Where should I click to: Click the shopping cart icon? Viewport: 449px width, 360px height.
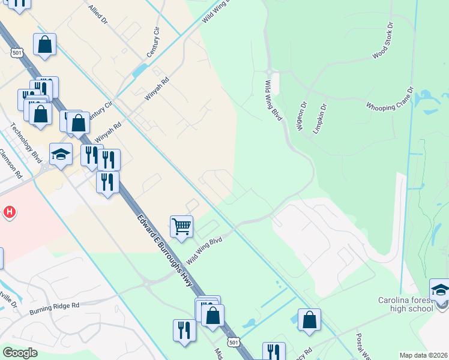click(x=181, y=227)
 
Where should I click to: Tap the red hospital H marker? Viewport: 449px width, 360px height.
click(x=9, y=212)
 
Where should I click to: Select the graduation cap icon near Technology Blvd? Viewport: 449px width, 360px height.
click(x=61, y=154)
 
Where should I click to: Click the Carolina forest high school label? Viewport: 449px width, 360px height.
click(x=405, y=304)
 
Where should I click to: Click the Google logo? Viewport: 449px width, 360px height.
click(x=20, y=352)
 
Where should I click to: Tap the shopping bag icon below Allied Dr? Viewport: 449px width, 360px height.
click(x=44, y=44)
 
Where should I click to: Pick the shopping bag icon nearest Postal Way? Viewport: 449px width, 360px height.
click(x=309, y=320)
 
